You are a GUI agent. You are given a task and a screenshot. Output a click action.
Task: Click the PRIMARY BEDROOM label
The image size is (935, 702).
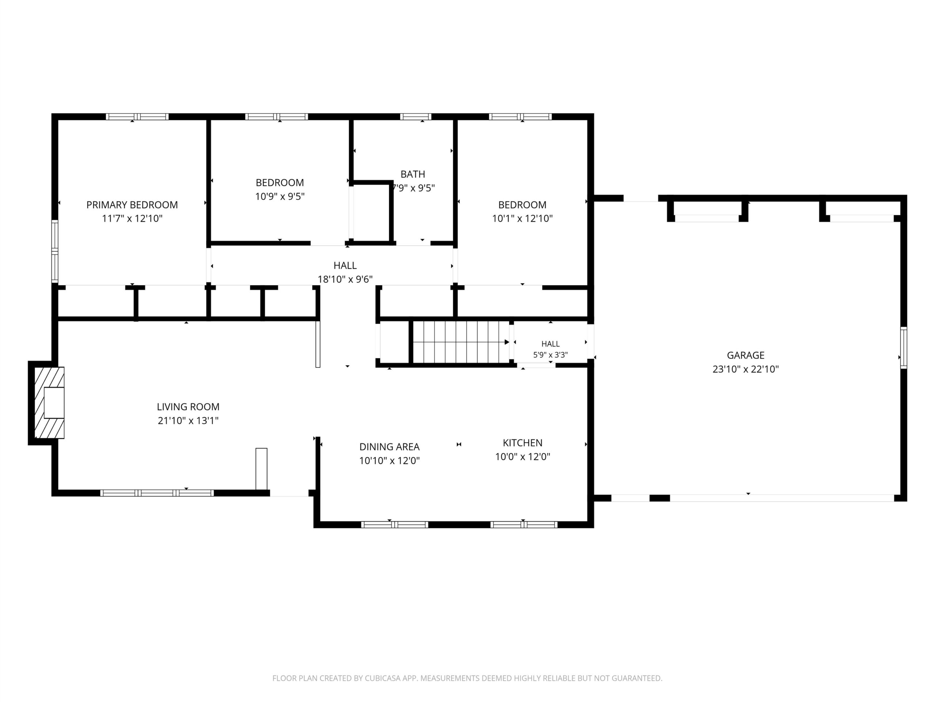132,205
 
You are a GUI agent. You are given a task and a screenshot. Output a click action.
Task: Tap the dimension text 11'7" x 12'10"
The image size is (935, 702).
132,218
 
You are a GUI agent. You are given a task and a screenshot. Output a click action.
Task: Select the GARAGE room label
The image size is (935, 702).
746,355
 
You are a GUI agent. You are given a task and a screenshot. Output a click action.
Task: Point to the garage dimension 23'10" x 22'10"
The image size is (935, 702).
746,369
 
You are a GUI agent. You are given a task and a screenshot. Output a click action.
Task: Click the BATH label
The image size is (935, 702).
413,174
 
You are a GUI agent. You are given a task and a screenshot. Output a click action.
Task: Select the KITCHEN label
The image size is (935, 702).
522,443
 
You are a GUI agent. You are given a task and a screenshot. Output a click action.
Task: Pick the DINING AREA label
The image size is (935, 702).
389,446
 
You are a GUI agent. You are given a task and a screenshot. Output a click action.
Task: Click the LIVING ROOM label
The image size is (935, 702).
188,407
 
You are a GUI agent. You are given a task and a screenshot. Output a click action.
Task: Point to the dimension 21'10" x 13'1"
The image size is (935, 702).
188,420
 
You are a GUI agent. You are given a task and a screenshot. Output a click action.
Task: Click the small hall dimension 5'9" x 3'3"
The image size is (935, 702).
550,355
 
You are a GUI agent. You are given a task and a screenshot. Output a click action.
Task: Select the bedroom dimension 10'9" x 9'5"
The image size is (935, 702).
279,196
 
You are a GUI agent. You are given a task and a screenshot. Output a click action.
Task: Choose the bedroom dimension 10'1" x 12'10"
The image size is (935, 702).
522,218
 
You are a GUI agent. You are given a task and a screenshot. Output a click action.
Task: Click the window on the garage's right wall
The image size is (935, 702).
903,347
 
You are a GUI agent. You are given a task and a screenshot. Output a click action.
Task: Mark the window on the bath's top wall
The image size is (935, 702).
416,117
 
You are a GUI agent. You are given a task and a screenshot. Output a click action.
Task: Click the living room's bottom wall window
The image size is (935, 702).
157,493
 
